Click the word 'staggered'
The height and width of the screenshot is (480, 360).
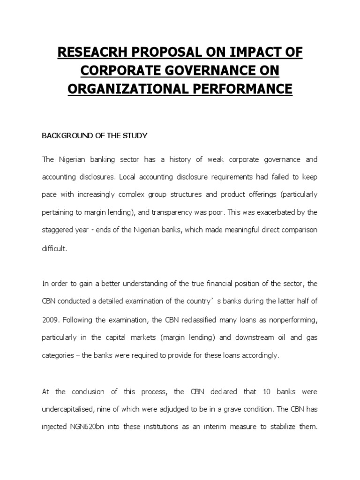58,230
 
